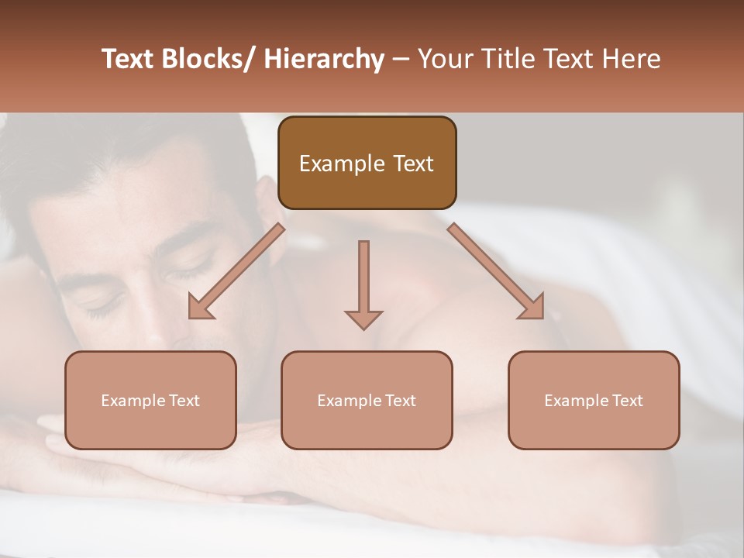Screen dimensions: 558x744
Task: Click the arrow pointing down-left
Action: coord(236,272)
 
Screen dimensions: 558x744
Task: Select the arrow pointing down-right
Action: coord(496,272)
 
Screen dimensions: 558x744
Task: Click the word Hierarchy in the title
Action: coord(324,60)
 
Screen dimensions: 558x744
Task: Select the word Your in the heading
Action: coord(443,60)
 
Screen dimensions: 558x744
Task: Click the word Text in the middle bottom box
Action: coord(400,401)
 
